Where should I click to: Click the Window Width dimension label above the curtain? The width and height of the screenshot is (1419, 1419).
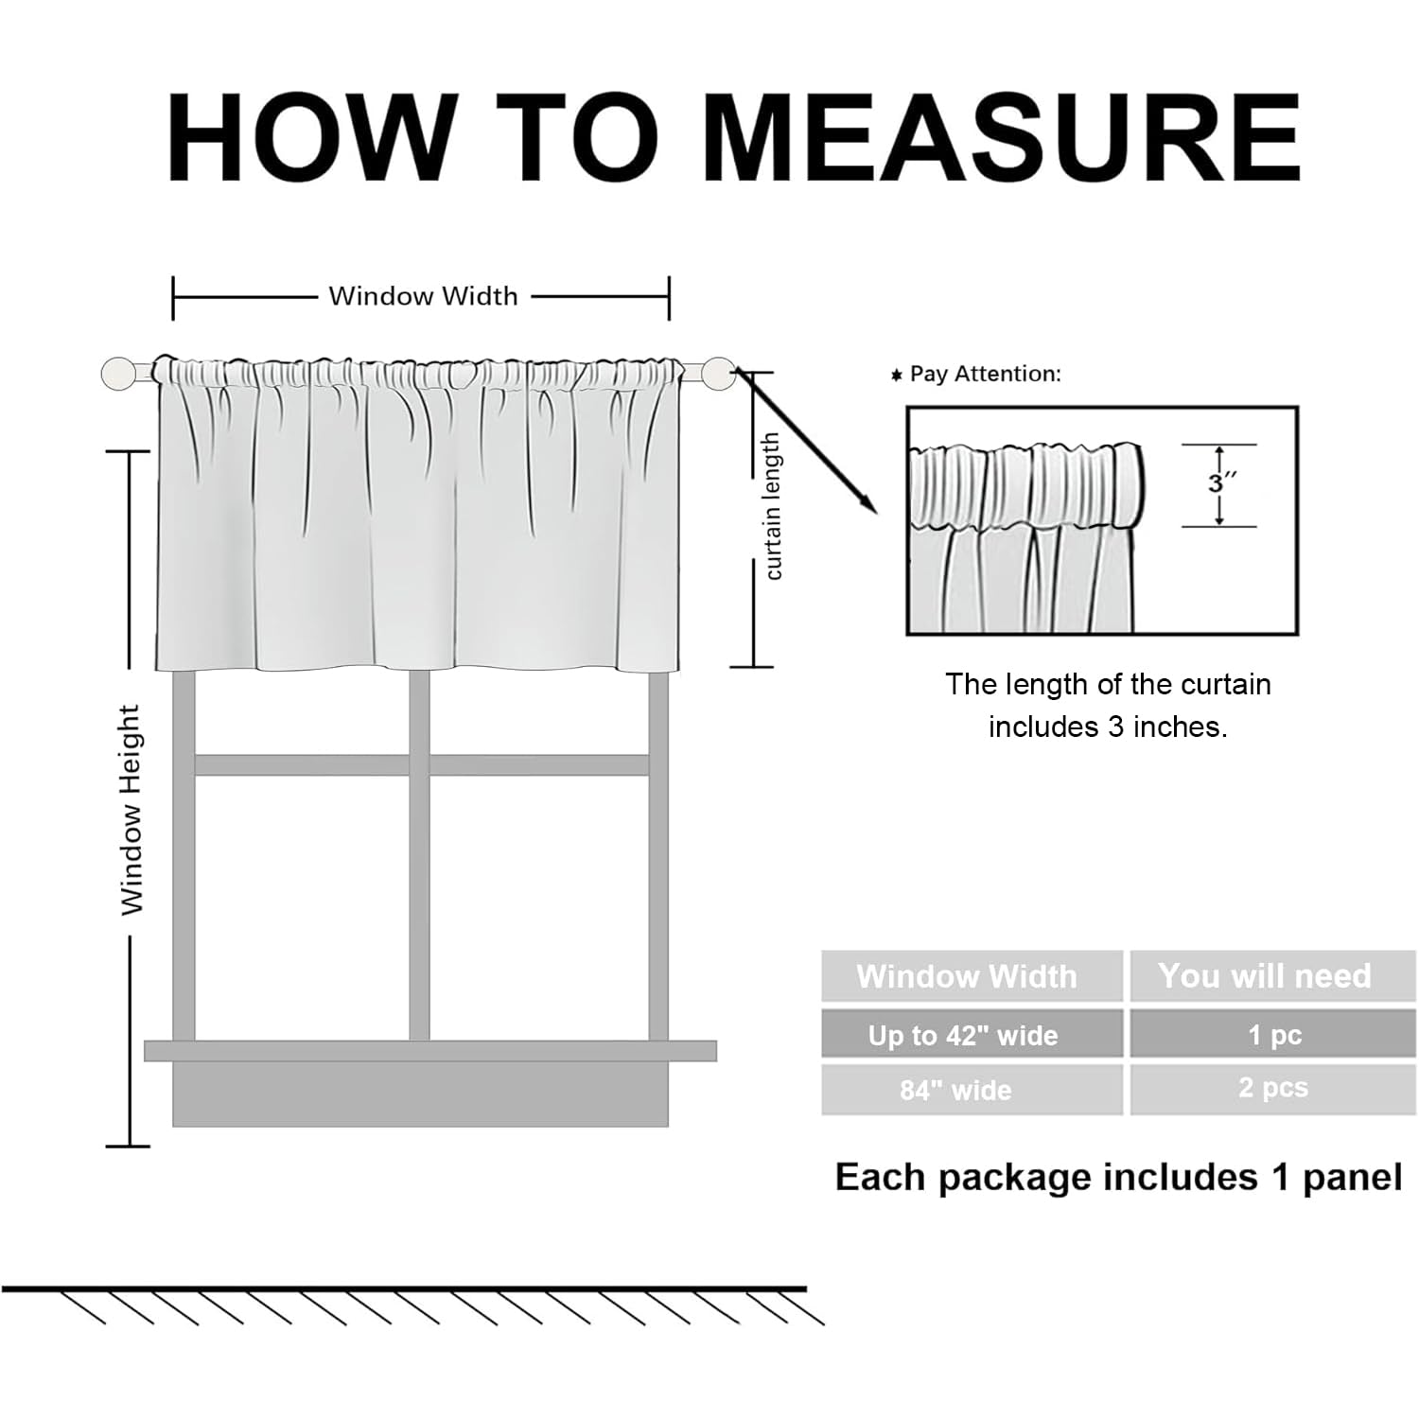[x=423, y=296]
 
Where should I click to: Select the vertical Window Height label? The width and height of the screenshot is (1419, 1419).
[x=131, y=810]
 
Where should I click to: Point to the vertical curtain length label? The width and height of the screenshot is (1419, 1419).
[x=773, y=506]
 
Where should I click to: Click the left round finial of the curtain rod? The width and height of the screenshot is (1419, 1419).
[x=118, y=373]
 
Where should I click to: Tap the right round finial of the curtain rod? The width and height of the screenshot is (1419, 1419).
[x=719, y=373]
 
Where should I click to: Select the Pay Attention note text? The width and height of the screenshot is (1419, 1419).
[x=984, y=374]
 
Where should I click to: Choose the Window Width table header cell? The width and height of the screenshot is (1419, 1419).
[x=967, y=975]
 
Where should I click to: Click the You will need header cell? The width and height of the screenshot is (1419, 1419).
[x=1265, y=975]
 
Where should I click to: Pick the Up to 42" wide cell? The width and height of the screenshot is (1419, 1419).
[x=963, y=1035]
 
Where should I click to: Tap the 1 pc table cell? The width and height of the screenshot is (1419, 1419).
[x=1274, y=1035]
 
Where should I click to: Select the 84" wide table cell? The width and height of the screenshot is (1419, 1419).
[x=955, y=1090]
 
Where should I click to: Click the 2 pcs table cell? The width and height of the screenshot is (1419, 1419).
[x=1273, y=1088]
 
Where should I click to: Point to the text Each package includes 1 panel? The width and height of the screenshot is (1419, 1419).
[x=1118, y=1178]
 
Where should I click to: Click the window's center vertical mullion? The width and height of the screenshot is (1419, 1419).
[x=419, y=851]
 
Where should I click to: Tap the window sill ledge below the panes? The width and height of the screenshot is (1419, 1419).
[x=430, y=1050]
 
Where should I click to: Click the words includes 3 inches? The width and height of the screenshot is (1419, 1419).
[x=1108, y=727]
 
